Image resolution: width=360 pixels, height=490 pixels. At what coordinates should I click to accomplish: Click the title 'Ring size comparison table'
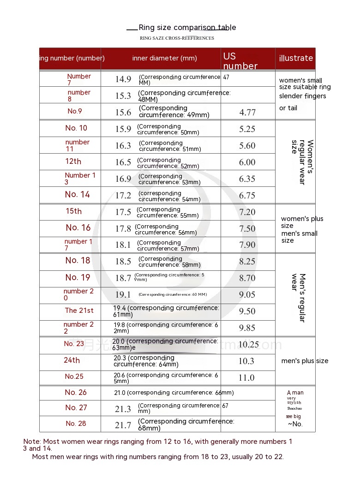tap(187, 28)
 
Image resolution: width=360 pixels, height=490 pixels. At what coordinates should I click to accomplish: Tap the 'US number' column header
tap(240, 61)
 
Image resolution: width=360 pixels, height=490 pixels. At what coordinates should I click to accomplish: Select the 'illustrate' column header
tap(296, 58)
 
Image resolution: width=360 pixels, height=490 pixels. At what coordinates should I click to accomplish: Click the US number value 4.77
tap(247, 112)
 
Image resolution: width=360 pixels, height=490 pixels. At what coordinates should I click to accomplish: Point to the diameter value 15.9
tap(123, 129)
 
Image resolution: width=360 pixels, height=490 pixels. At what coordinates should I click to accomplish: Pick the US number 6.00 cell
tap(247, 162)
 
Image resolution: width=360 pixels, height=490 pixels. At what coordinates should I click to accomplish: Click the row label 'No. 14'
tap(78, 195)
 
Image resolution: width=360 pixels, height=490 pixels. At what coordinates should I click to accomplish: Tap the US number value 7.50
tap(247, 229)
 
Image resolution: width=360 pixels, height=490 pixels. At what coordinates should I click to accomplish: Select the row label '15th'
tap(73, 211)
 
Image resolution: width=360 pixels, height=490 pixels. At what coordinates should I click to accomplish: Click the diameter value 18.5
tap(123, 261)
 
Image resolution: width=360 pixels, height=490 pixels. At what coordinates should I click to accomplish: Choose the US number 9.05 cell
tap(247, 294)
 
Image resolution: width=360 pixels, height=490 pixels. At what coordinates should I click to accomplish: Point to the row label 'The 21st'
tap(79, 311)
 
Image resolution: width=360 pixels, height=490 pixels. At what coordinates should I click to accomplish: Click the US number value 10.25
tap(249, 345)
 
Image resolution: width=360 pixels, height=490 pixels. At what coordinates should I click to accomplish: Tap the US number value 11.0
tap(246, 377)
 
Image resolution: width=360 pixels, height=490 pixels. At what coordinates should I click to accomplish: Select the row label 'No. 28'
tap(76, 424)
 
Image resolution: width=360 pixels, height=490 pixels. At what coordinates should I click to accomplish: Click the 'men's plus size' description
tap(305, 361)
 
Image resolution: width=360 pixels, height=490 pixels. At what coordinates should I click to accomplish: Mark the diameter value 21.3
tap(123, 409)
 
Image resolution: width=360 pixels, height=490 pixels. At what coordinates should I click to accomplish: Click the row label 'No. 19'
tap(78, 278)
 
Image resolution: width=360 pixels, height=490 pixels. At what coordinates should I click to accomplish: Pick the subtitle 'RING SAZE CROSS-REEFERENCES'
tap(177, 38)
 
